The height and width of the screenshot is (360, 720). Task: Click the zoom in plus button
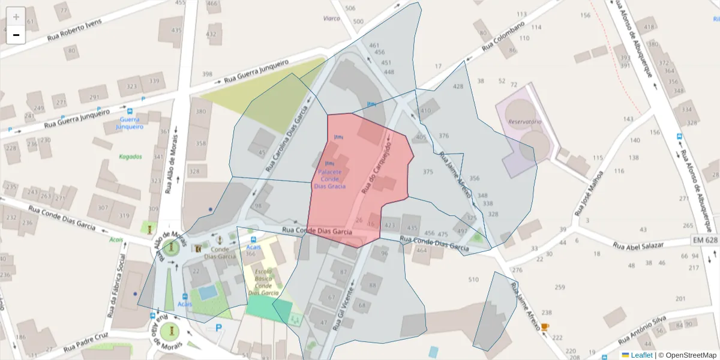(x=16, y=16)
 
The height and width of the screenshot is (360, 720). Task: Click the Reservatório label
(x=524, y=122)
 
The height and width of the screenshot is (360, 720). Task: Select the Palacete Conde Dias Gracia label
(x=329, y=179)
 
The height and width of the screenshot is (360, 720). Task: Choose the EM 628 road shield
(x=704, y=240)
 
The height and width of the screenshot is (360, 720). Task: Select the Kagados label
(x=130, y=157)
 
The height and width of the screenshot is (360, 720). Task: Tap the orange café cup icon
(x=544, y=327)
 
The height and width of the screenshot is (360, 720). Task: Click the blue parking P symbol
(x=218, y=328)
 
